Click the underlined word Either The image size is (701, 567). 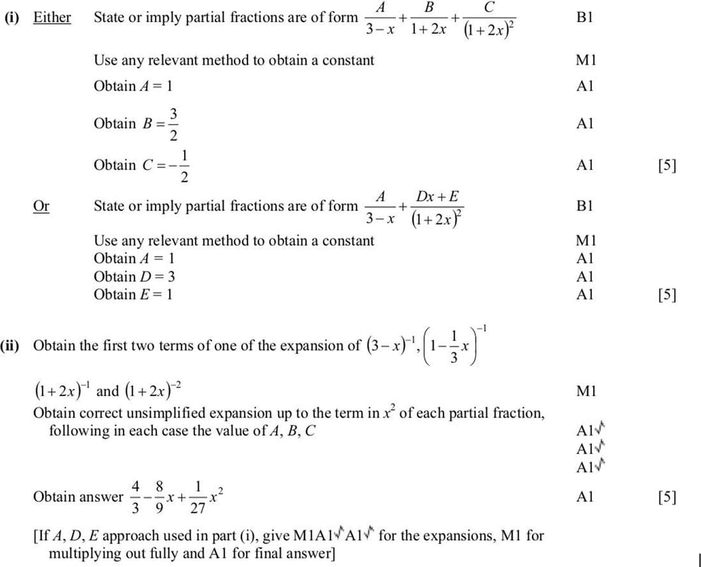pyautogui.click(x=52, y=17)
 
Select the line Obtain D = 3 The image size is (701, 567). pyautogui.click(x=134, y=276)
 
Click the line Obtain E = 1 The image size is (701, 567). pyautogui.click(x=133, y=294)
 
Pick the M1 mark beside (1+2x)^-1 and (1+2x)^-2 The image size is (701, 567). pyautogui.click(x=584, y=389)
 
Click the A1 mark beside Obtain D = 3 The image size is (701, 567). pyautogui.click(x=584, y=276)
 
